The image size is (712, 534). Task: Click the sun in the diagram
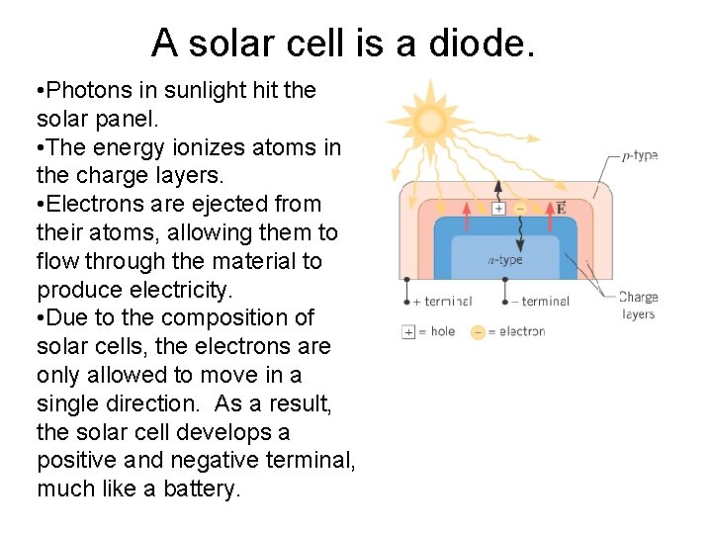tap(431, 122)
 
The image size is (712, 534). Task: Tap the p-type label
tap(640, 155)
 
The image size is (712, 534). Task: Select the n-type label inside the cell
tap(505, 260)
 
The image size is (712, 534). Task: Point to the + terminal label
tap(441, 301)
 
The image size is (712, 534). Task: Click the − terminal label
tap(539, 301)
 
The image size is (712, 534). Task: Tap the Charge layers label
tap(638, 306)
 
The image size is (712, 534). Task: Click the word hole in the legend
tap(443, 331)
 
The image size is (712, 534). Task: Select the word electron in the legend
tap(521, 331)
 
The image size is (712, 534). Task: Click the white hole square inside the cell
tap(498, 208)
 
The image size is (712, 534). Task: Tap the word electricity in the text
tap(182, 290)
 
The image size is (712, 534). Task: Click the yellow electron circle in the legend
tap(479, 332)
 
